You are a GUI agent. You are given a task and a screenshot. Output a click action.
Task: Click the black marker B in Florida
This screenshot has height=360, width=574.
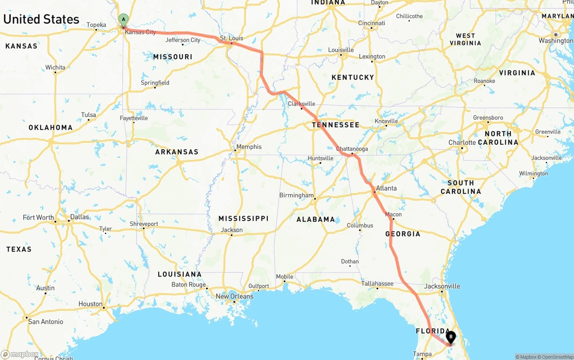point(450,337)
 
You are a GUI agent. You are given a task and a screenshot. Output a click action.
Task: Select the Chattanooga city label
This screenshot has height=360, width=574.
point(352,149)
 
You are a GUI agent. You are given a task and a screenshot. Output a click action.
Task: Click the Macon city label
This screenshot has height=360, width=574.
point(393,214)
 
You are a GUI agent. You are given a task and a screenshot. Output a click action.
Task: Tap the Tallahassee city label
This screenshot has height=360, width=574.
point(378,283)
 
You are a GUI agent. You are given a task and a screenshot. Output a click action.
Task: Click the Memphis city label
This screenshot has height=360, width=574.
point(249,147)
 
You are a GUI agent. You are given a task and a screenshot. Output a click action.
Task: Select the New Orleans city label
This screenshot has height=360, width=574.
point(235,296)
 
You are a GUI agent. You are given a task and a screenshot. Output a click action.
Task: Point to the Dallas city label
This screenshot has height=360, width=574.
point(79,217)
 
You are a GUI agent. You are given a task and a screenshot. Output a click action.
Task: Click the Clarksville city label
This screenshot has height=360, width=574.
point(301,104)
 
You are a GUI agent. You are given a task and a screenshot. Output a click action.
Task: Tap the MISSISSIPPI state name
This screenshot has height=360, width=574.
point(244,218)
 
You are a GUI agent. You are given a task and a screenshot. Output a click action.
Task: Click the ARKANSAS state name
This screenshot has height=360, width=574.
point(177,152)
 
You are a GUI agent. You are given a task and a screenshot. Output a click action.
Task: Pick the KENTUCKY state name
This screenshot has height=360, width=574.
point(352,77)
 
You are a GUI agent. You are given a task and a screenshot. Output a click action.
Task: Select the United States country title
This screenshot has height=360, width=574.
point(41,19)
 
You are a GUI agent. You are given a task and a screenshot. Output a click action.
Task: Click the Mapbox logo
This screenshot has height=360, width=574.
point(20,354)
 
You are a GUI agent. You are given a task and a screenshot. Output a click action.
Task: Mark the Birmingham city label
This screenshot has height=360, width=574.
point(296,195)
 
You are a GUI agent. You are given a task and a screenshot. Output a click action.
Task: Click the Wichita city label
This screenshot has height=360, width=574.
point(55,68)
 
